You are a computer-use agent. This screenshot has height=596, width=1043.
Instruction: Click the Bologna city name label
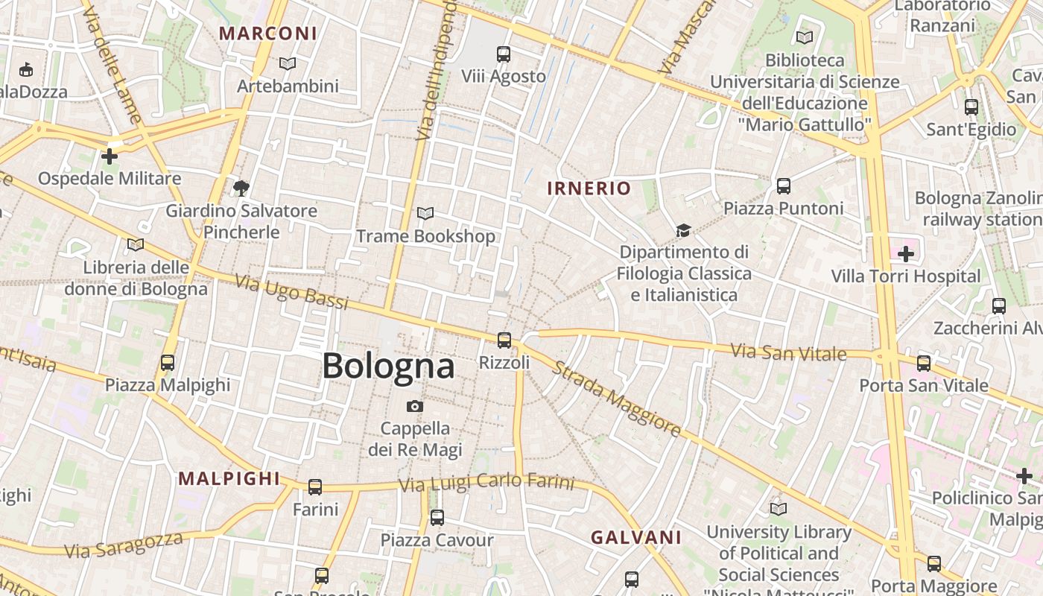[x=388, y=366]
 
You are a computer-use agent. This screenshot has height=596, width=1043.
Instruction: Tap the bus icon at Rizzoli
[x=504, y=340]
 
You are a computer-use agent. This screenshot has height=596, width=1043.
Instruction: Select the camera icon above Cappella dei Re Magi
[x=415, y=406]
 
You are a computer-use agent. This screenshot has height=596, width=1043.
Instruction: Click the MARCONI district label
[x=268, y=34]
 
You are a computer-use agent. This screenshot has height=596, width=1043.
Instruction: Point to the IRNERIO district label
[x=589, y=188]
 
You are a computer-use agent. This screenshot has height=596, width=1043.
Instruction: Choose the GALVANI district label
[x=636, y=537]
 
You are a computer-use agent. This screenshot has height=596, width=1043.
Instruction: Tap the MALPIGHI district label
[x=229, y=479]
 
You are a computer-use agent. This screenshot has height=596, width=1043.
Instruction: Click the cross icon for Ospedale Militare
[x=110, y=156]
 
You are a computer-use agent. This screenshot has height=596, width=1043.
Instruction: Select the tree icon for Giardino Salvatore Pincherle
[x=241, y=188]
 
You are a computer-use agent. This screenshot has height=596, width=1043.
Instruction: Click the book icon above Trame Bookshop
[x=425, y=214]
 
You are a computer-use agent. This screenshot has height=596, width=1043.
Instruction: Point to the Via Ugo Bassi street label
[x=292, y=291]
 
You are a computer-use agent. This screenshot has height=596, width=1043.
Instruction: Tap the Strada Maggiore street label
[x=617, y=399]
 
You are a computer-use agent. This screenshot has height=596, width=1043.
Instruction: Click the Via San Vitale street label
[x=788, y=352]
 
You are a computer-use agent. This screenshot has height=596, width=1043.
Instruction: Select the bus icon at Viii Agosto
[x=504, y=54]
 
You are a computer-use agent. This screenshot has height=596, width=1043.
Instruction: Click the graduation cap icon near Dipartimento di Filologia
[x=683, y=230]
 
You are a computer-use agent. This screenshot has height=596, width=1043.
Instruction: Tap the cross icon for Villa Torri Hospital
[x=906, y=254]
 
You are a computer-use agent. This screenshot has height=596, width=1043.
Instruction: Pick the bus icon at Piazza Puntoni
[x=783, y=186]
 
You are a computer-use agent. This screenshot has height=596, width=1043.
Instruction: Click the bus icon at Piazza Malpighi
[x=168, y=363]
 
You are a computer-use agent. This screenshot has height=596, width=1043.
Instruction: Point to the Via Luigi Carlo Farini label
[x=486, y=483]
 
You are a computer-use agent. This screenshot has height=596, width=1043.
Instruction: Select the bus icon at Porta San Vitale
[x=924, y=363]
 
